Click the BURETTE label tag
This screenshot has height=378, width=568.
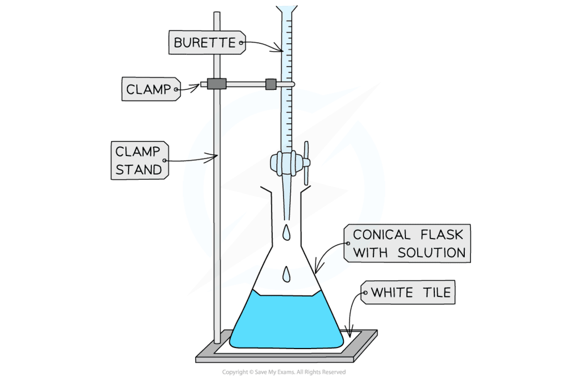(207, 42)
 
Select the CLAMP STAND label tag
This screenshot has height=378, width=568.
(139, 160)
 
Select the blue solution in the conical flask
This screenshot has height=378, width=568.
(286, 322)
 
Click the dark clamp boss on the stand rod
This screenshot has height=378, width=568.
(217, 84)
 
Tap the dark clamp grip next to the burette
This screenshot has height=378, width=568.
(270, 84)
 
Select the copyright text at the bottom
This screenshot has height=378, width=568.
(283, 372)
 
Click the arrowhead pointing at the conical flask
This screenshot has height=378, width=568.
(317, 270)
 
